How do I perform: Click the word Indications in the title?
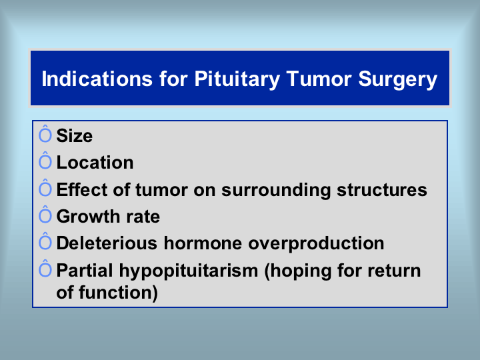pos(97,79)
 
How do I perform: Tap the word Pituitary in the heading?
pos(237,79)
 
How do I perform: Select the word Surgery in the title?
pos(397,79)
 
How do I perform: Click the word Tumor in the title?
pos(319,79)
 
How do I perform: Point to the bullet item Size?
pos(75,135)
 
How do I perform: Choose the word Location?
pos(95,162)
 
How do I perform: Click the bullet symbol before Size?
pos(45,133)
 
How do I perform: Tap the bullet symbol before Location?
pos(45,160)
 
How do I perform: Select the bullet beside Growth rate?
pos(45,214)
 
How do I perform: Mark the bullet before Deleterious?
pos(45,241)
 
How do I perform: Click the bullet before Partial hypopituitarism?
pos(45,268)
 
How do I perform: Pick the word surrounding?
pos(276,191)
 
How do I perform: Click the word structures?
pos(382,190)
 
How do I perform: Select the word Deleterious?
pos(107,243)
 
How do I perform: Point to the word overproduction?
pos(316,244)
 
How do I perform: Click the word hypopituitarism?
pos(189,271)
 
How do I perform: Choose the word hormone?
pos(203,243)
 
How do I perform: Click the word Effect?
pos(82,190)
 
